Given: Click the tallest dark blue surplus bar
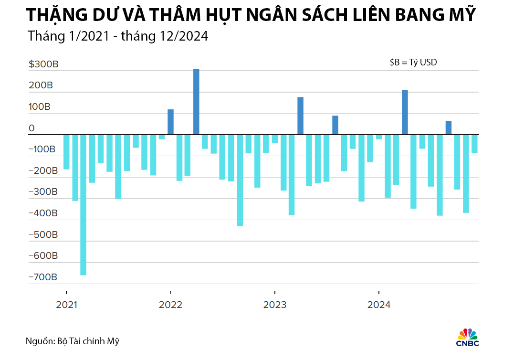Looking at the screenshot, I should [196, 102].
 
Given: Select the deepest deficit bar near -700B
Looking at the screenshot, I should [83, 205].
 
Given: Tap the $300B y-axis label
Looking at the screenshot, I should [43, 64].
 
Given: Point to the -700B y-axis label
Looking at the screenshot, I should [43, 277].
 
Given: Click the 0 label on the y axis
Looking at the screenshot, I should [31, 128].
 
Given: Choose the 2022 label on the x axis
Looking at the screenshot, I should [170, 305].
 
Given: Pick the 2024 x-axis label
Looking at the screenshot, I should [379, 305].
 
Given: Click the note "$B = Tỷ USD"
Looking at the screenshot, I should [413, 63].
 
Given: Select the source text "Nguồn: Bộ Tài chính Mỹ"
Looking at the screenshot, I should [72, 341].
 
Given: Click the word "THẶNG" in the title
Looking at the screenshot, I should [52, 15].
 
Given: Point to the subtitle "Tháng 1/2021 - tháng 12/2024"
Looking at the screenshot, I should [118, 36].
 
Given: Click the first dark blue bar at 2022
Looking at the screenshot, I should [170, 122].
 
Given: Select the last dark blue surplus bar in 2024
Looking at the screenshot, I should [449, 127].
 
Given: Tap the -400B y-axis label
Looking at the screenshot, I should [43, 213].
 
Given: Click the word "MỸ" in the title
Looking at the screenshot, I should [462, 15].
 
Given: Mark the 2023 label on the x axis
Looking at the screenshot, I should [274, 305].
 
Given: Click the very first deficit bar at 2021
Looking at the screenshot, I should [66, 152].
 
